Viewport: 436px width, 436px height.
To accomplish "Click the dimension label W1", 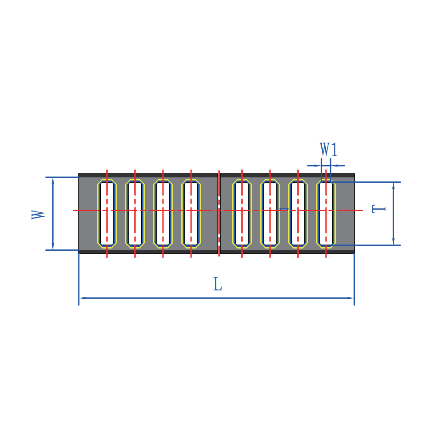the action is [x=329, y=149].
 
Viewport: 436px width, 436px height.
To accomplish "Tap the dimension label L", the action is [x=218, y=284].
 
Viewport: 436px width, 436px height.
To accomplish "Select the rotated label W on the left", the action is [x=38, y=215].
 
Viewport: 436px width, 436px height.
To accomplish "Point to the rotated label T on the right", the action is [x=379, y=209].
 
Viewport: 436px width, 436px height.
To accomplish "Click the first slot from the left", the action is [x=107, y=214].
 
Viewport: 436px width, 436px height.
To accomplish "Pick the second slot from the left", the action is [x=135, y=214].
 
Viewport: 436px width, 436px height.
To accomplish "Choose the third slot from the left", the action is [x=163, y=214].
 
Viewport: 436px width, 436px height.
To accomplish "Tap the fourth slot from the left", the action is [x=191, y=214].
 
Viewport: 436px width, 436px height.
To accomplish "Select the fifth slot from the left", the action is [x=242, y=214].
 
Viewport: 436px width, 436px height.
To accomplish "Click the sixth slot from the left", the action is [x=270, y=214].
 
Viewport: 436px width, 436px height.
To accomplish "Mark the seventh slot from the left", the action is [x=298, y=214].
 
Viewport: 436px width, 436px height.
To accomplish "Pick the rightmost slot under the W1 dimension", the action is [x=326, y=214].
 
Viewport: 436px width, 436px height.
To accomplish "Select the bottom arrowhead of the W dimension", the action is [x=53, y=247].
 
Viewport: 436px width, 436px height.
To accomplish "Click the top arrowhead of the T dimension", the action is [x=393, y=186].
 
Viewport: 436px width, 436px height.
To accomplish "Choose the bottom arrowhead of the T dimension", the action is [x=393, y=242].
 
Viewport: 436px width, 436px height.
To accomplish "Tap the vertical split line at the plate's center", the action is [x=219, y=214].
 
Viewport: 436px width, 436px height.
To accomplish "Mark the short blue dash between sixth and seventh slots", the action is [x=284, y=208].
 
